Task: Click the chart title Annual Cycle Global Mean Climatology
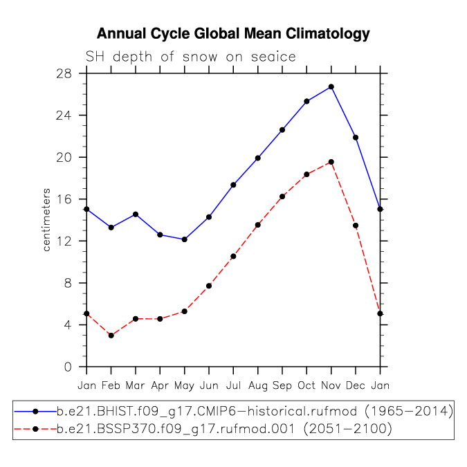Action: point(233,34)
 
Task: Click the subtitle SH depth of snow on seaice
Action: point(191,57)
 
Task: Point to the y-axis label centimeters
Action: point(46,220)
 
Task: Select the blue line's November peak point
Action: point(331,87)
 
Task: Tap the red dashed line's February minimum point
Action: point(111,336)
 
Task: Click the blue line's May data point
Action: point(184,239)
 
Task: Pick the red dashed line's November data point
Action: point(331,162)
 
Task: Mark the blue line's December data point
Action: point(356,138)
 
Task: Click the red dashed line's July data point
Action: point(233,257)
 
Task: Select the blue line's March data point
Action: point(136,214)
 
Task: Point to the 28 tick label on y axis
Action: point(64,73)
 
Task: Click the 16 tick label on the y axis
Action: point(64,199)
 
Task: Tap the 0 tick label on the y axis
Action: point(68,367)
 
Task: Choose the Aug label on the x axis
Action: point(258,385)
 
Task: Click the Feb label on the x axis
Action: point(111,385)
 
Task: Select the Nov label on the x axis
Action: point(331,385)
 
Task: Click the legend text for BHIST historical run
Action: point(255,411)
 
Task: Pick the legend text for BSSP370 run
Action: point(224,429)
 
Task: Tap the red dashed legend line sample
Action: point(35,429)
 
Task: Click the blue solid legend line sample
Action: point(35,412)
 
